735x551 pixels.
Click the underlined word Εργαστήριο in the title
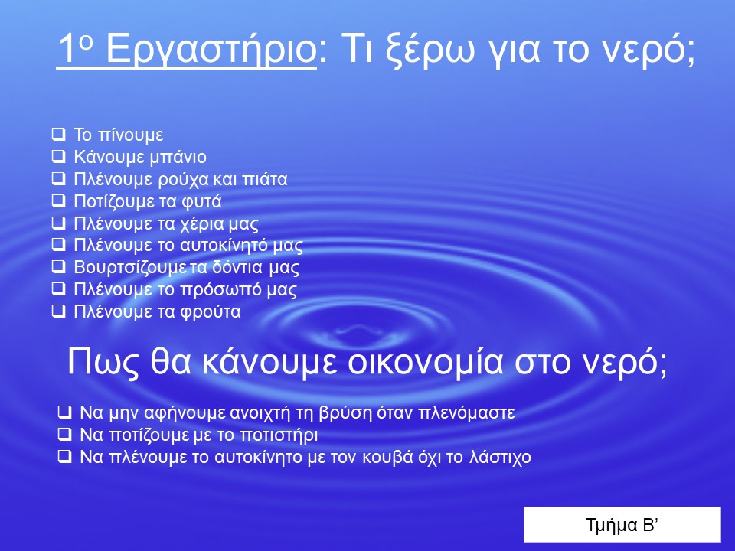[211, 49]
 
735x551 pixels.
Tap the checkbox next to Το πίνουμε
[59, 135]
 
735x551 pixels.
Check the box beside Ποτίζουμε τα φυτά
[59, 201]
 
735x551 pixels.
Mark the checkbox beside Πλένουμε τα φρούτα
[59, 311]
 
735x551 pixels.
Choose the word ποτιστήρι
[279, 435]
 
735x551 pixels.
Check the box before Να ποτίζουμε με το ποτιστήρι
[64, 435]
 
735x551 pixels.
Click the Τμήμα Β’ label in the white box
[622, 525]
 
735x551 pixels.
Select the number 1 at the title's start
[67, 48]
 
